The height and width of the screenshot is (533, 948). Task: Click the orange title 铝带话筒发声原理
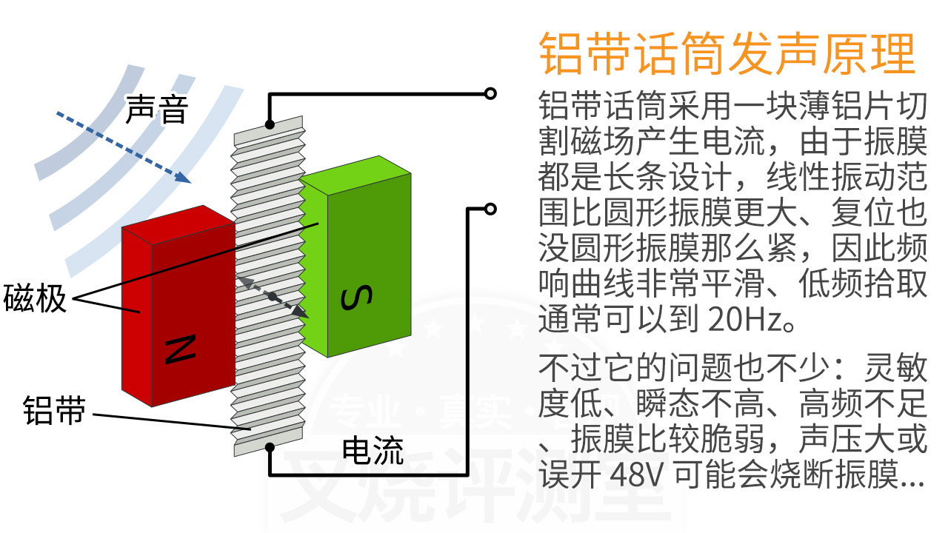(727, 53)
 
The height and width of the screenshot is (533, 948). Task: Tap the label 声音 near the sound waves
(157, 110)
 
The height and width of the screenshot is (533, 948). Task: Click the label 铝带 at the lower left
(54, 409)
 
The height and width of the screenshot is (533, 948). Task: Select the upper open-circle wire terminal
(490, 93)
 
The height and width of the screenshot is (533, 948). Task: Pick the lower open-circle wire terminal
(490, 209)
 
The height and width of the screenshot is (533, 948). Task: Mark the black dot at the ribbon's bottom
(270, 446)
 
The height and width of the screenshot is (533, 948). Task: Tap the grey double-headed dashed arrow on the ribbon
(273, 297)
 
